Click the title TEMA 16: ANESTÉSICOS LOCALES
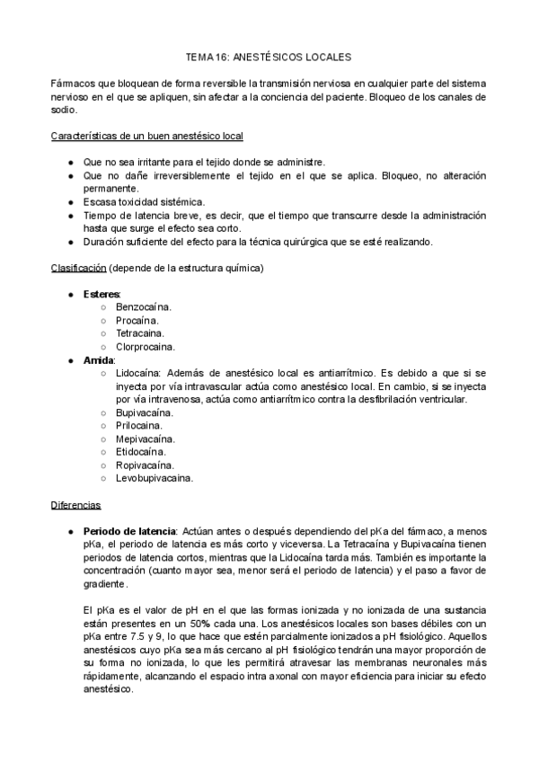pyautogui.click(x=269, y=56)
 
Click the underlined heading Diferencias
pyautogui.click(x=76, y=506)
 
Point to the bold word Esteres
pyautogui.click(x=102, y=295)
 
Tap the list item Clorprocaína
pyautogui.click(x=146, y=346)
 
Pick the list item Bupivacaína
pyautogui.click(x=145, y=412)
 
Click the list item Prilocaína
pyautogui.click(x=139, y=425)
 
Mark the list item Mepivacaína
pyautogui.click(x=145, y=439)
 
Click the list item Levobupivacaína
pyautogui.click(x=154, y=478)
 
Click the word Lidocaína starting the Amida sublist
pyautogui.click(x=137, y=373)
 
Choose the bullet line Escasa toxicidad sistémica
pyautogui.click(x=144, y=202)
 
